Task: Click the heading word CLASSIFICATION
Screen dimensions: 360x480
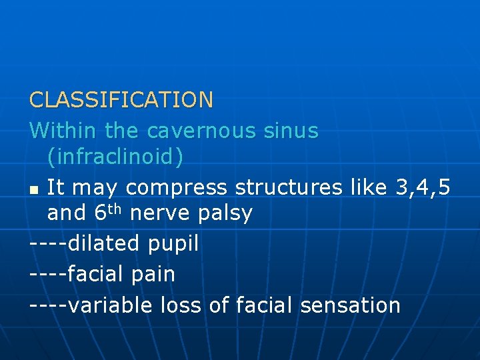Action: tap(121, 100)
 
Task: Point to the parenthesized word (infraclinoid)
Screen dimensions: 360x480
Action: tap(115, 157)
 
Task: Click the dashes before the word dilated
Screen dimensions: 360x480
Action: tap(48, 243)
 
